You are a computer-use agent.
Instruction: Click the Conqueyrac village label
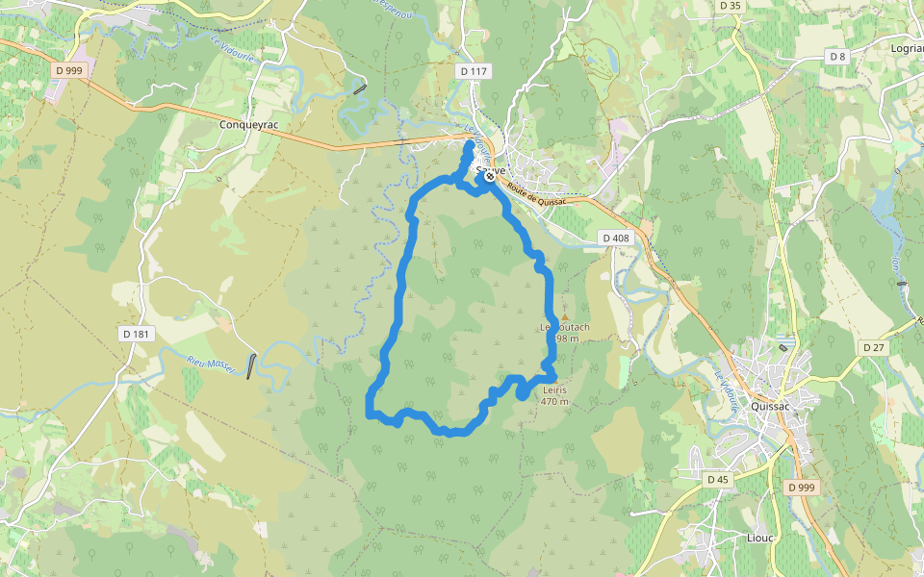[248, 124]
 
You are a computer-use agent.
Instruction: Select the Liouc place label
[760, 538]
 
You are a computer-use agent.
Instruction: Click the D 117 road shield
[474, 71]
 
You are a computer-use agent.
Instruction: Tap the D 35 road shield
[731, 6]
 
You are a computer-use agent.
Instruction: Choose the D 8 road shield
[837, 57]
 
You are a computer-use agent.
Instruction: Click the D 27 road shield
[874, 347]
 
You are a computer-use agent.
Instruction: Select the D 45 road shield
[717, 479]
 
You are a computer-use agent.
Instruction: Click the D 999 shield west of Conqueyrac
[69, 70]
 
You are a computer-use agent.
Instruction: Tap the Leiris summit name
[555, 390]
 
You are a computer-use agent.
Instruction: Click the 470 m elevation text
[555, 402]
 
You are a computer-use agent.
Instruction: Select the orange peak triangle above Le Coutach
[566, 316]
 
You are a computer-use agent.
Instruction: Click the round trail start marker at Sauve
[490, 176]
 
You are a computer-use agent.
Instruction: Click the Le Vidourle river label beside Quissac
[727, 389]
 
